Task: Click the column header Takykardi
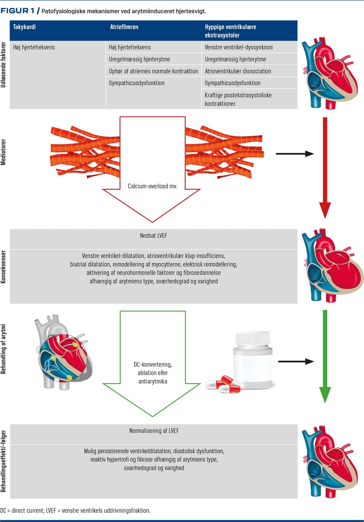24,27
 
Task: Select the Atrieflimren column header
124,27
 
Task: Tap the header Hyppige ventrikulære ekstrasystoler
230,31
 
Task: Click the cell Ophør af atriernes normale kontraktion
153,71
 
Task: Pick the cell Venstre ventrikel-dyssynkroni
238,47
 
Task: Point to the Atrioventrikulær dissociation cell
238,71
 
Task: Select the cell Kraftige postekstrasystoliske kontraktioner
238,99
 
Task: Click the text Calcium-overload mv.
153,186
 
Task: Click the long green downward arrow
325,355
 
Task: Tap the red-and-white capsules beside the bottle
223,385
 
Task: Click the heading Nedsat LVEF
153,236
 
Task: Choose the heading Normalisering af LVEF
154,431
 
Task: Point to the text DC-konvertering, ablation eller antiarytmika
153,373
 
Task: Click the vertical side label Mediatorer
3,152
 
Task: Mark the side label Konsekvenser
3,267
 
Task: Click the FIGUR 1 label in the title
17,11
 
